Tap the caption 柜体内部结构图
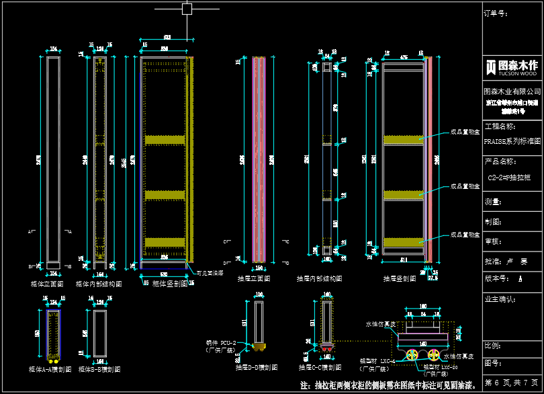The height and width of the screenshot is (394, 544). coord(99,284)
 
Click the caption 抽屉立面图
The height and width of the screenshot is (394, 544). coord(254,278)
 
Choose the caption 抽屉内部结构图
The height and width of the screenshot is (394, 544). coord(319,278)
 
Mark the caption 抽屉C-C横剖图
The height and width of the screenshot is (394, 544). coord(320,368)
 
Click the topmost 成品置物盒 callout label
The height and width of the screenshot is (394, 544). coord(465,132)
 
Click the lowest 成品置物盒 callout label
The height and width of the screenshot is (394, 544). coord(465,235)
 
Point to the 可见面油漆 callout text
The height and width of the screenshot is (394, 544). coord(210,273)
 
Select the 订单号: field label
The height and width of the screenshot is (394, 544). coord(497,12)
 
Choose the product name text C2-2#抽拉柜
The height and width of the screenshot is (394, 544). coord(509,178)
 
